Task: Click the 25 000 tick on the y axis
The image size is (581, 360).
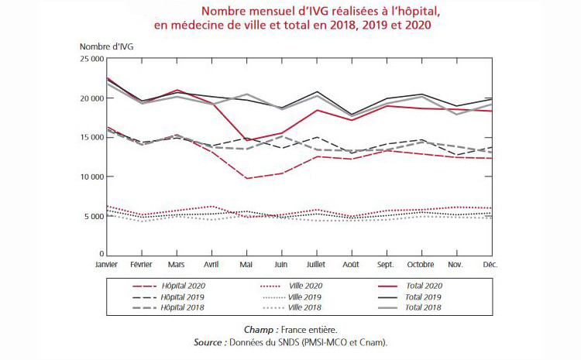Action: point(91,59)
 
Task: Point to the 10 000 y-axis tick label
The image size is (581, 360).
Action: point(91,177)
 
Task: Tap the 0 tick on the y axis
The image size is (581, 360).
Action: point(101,254)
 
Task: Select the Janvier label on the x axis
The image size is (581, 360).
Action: point(106,263)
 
